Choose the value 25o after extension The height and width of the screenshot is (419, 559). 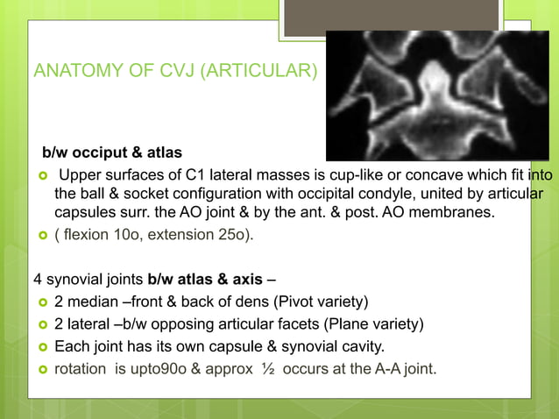[x=228, y=235]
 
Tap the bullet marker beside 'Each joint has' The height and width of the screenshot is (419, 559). [x=40, y=346]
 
